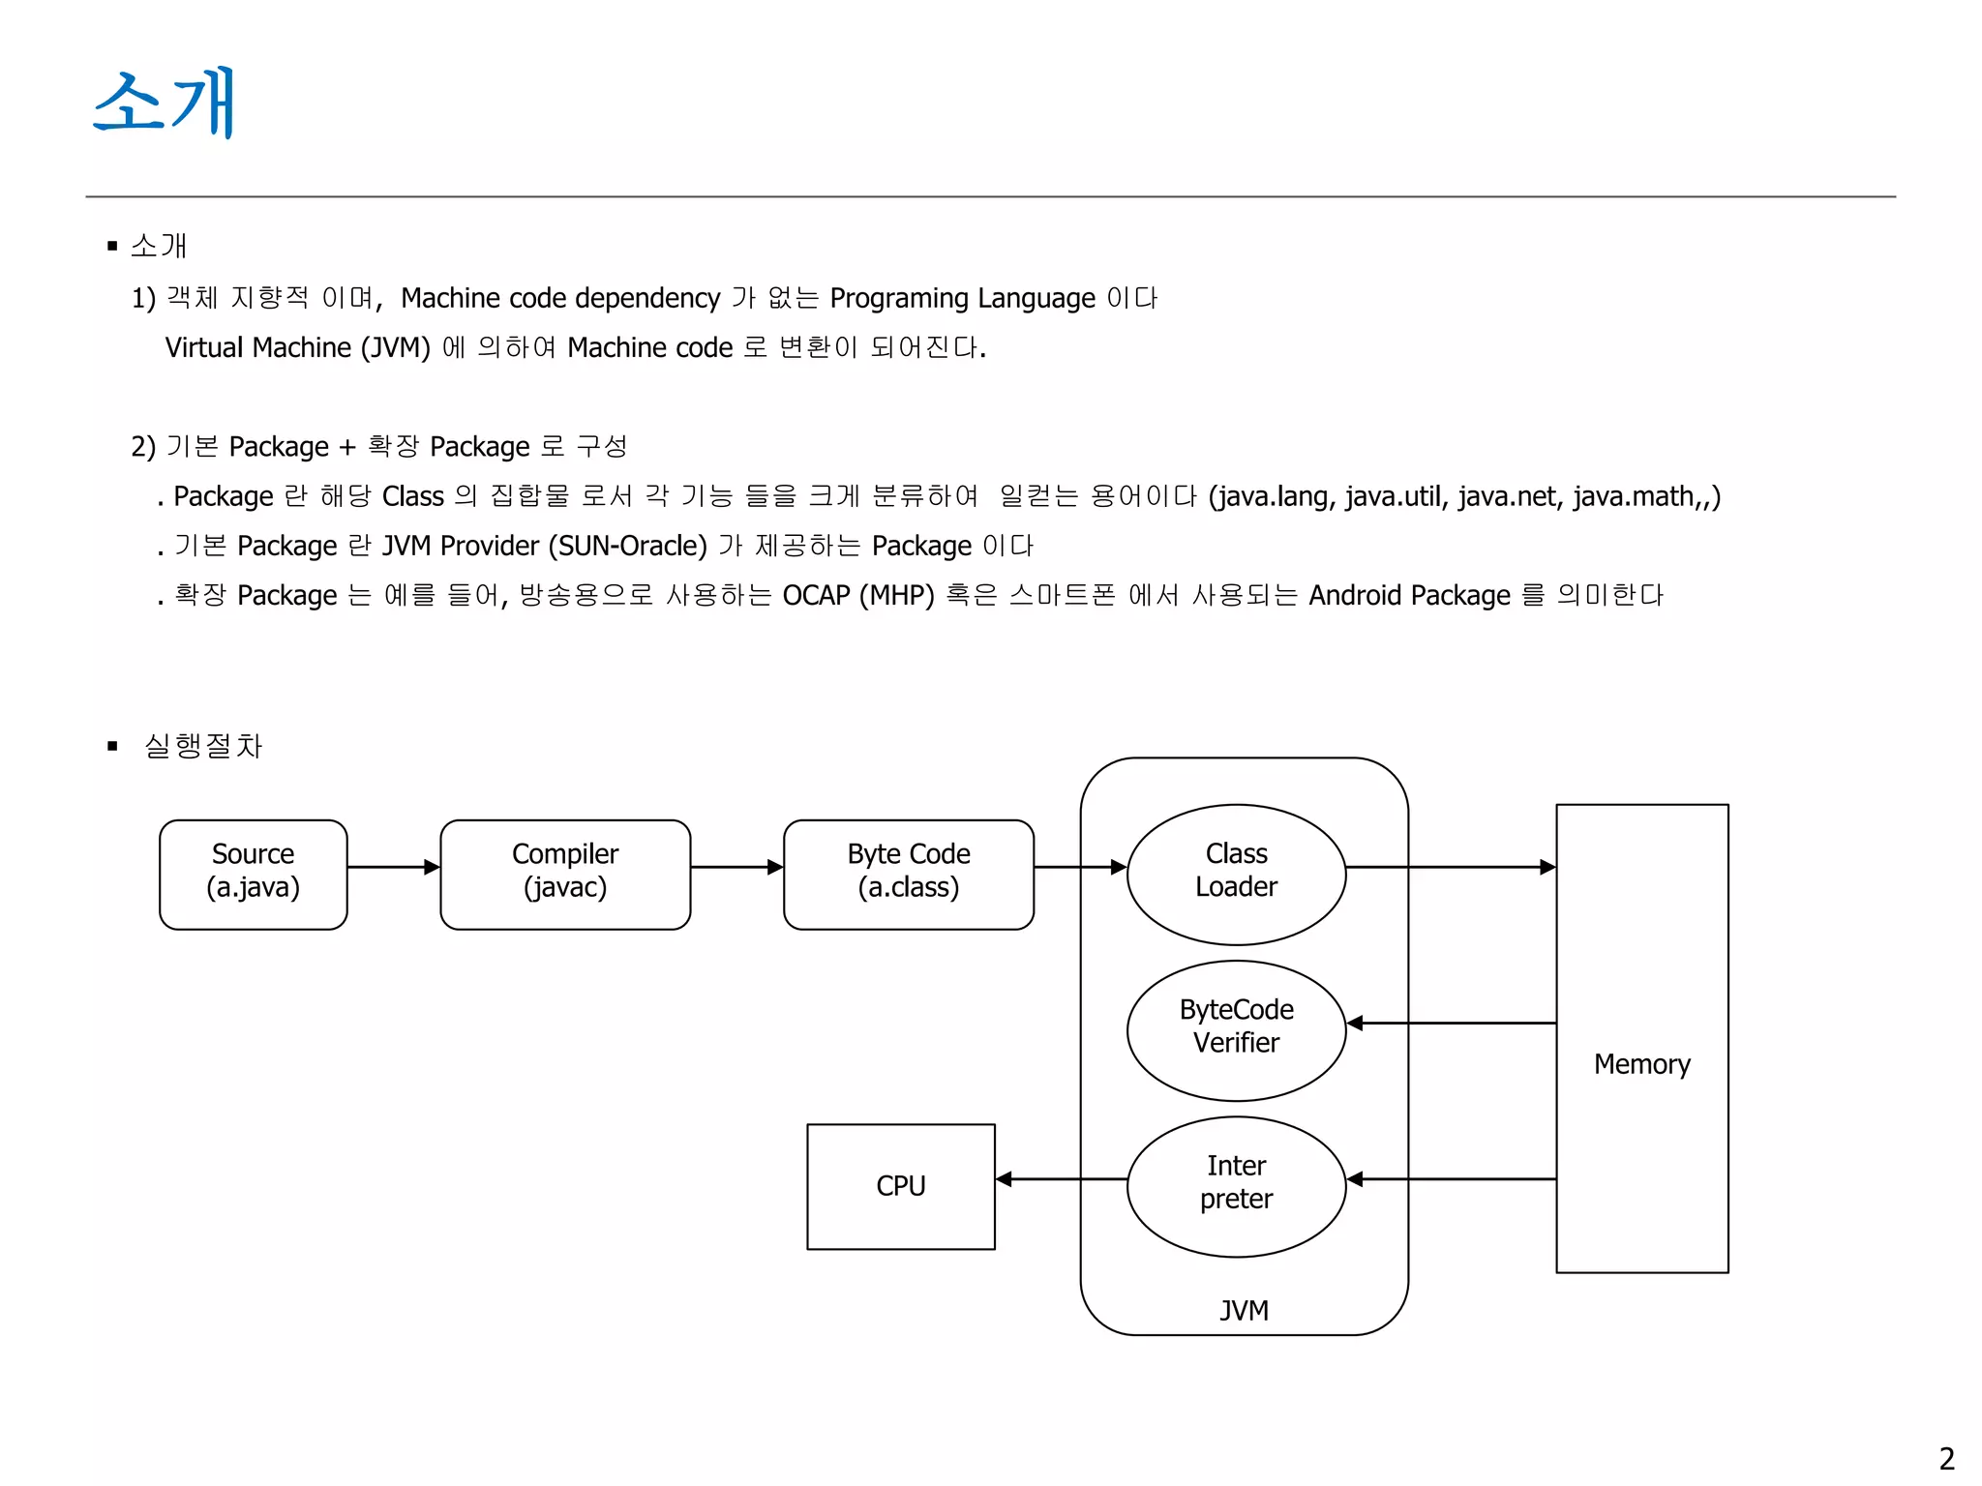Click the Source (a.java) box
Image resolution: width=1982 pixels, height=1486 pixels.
253,874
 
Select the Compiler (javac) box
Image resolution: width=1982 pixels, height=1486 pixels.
565,874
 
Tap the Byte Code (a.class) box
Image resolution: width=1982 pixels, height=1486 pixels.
908,874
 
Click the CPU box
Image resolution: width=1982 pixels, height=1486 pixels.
900,1185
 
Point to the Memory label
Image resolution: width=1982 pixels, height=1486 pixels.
1641,1064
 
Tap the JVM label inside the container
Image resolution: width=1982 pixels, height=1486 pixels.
1244,1310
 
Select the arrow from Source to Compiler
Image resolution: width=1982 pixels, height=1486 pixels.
393,867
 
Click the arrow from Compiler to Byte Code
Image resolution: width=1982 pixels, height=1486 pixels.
736,867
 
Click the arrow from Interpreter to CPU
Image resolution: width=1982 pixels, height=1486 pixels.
1061,1178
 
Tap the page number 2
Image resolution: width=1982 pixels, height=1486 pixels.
1946,1458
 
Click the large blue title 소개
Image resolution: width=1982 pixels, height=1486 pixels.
164,103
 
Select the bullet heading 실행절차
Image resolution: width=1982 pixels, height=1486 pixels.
203,746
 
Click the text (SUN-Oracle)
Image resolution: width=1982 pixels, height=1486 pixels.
628,547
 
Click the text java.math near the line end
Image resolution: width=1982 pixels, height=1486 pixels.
1633,497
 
